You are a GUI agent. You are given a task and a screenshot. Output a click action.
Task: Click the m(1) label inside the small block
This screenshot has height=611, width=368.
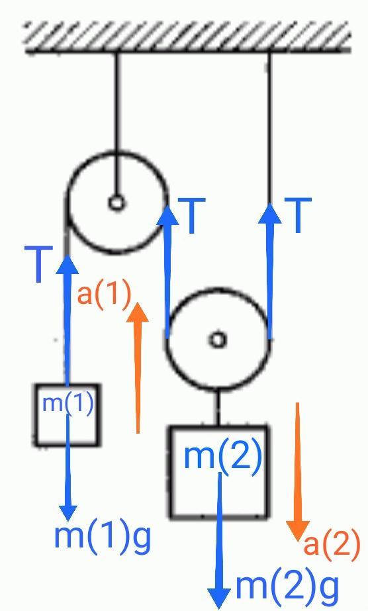click(68, 404)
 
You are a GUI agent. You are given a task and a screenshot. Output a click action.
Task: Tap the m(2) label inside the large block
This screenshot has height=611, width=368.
click(223, 456)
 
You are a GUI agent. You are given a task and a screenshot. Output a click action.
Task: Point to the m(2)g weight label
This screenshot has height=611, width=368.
click(287, 587)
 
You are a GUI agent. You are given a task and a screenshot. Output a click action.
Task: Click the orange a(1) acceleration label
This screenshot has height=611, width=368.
click(104, 295)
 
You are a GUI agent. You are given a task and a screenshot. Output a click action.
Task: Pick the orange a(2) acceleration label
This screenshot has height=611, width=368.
click(332, 545)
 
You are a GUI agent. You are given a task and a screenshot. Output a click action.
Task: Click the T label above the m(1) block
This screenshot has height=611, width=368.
click(38, 263)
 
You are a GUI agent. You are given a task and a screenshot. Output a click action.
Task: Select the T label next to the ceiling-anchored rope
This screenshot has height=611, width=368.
click(298, 215)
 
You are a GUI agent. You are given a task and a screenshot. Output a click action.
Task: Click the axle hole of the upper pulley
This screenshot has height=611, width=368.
click(116, 203)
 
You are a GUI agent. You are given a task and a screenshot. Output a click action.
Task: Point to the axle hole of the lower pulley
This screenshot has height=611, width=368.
click(218, 339)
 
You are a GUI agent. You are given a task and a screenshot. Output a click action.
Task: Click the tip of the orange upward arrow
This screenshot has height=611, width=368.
click(137, 303)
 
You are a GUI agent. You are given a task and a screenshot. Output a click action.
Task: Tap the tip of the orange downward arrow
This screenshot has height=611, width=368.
click(299, 541)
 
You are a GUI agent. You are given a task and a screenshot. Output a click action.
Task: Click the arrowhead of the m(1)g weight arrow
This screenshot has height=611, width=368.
click(68, 520)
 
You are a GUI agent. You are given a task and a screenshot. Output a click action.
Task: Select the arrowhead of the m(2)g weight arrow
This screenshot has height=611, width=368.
click(219, 608)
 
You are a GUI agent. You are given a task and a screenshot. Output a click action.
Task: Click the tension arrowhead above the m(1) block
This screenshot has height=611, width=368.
click(68, 254)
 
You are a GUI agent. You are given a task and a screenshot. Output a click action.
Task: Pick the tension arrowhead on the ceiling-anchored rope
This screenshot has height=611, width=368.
click(270, 203)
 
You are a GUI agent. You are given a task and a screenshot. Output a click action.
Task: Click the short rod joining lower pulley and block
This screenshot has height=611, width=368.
click(218, 407)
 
